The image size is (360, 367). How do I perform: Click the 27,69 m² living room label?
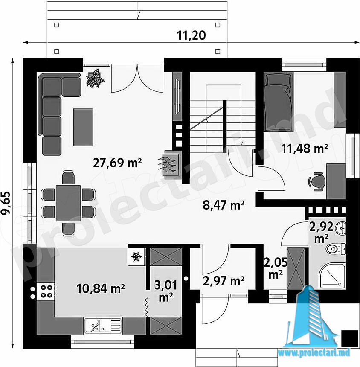(117, 163)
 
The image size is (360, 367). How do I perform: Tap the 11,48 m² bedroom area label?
(305, 148)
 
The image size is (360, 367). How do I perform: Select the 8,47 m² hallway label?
(224, 205)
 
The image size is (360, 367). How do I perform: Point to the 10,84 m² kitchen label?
(101, 288)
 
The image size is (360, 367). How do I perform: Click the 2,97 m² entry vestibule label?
(224, 281)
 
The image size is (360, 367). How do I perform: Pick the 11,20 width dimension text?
(192, 35)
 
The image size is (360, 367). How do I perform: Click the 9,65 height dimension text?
(6, 203)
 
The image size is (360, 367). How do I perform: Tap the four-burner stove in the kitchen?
(46, 291)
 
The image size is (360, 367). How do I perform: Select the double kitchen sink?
(103, 325)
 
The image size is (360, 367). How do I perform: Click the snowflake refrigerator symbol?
(136, 256)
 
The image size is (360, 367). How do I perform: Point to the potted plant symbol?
(95, 78)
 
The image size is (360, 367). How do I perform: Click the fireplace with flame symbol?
(170, 165)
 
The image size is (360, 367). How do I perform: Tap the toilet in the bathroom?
(335, 248)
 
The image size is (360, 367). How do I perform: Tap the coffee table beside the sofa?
(83, 127)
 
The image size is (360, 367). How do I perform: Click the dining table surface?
(68, 203)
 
